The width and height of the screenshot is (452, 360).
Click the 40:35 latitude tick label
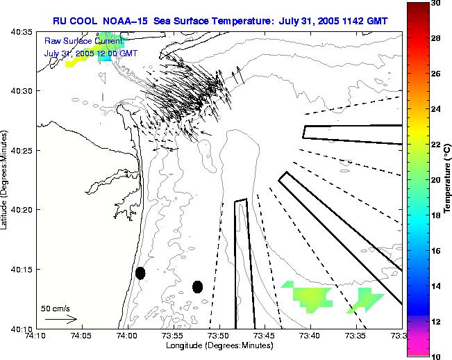[x=23, y=33]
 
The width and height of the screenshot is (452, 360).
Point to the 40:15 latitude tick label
[x=23, y=270]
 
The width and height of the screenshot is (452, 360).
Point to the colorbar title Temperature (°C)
[x=449, y=179]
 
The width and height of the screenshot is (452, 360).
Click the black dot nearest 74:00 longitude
[x=140, y=273]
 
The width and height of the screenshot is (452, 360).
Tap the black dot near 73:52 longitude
[x=197, y=286]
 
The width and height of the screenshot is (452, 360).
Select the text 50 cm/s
[x=56, y=308]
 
